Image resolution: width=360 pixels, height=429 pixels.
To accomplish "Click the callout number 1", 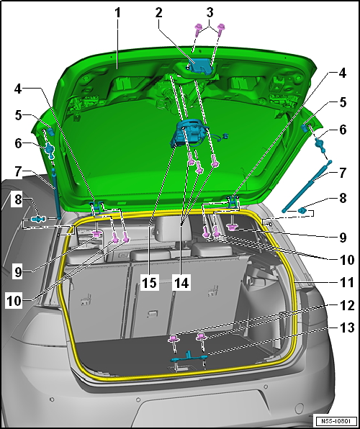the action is point(117,12).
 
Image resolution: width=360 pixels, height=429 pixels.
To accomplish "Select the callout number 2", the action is point(158,12).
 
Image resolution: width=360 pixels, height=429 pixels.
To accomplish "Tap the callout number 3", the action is point(210,12).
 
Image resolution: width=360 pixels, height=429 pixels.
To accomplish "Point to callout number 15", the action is point(150,283).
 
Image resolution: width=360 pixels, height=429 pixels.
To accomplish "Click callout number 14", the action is point(181,283).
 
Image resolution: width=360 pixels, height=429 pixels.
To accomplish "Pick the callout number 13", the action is point(347,328).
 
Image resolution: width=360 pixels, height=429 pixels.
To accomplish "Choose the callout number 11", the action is point(347,282).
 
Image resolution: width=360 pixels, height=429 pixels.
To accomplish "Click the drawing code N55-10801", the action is point(336,420).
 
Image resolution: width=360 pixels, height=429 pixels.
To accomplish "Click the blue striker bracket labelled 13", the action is point(189,357).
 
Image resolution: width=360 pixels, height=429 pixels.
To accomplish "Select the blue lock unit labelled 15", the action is point(189,132).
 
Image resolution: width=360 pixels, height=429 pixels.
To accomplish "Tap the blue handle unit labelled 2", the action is point(199,66).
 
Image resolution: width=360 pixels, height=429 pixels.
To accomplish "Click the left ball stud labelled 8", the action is point(38,219).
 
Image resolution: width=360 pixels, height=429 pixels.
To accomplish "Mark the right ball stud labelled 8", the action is point(303,210).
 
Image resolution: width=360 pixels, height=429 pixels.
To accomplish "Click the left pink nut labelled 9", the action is point(96,234).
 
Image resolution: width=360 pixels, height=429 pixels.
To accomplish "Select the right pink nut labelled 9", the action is point(232,227).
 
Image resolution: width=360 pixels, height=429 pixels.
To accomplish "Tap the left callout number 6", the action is point(18,143).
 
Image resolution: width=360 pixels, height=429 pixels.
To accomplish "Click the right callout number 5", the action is point(343,102).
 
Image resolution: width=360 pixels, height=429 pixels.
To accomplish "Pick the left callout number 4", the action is point(18,89).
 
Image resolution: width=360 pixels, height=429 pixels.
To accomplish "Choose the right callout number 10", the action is point(347,260).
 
